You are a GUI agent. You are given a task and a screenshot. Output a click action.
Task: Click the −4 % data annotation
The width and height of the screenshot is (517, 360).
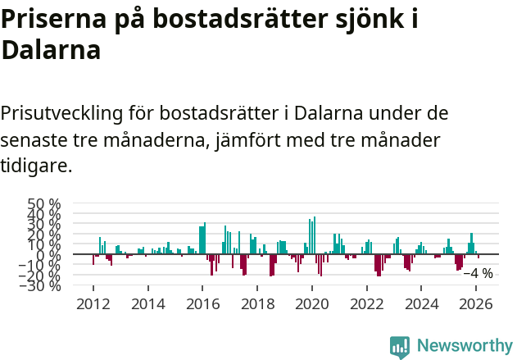point(478,273)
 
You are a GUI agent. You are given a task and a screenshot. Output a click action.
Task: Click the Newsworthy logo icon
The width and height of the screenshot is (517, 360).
point(400,346)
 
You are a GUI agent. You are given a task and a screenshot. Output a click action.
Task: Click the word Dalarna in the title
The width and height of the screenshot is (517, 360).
point(51,50)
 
